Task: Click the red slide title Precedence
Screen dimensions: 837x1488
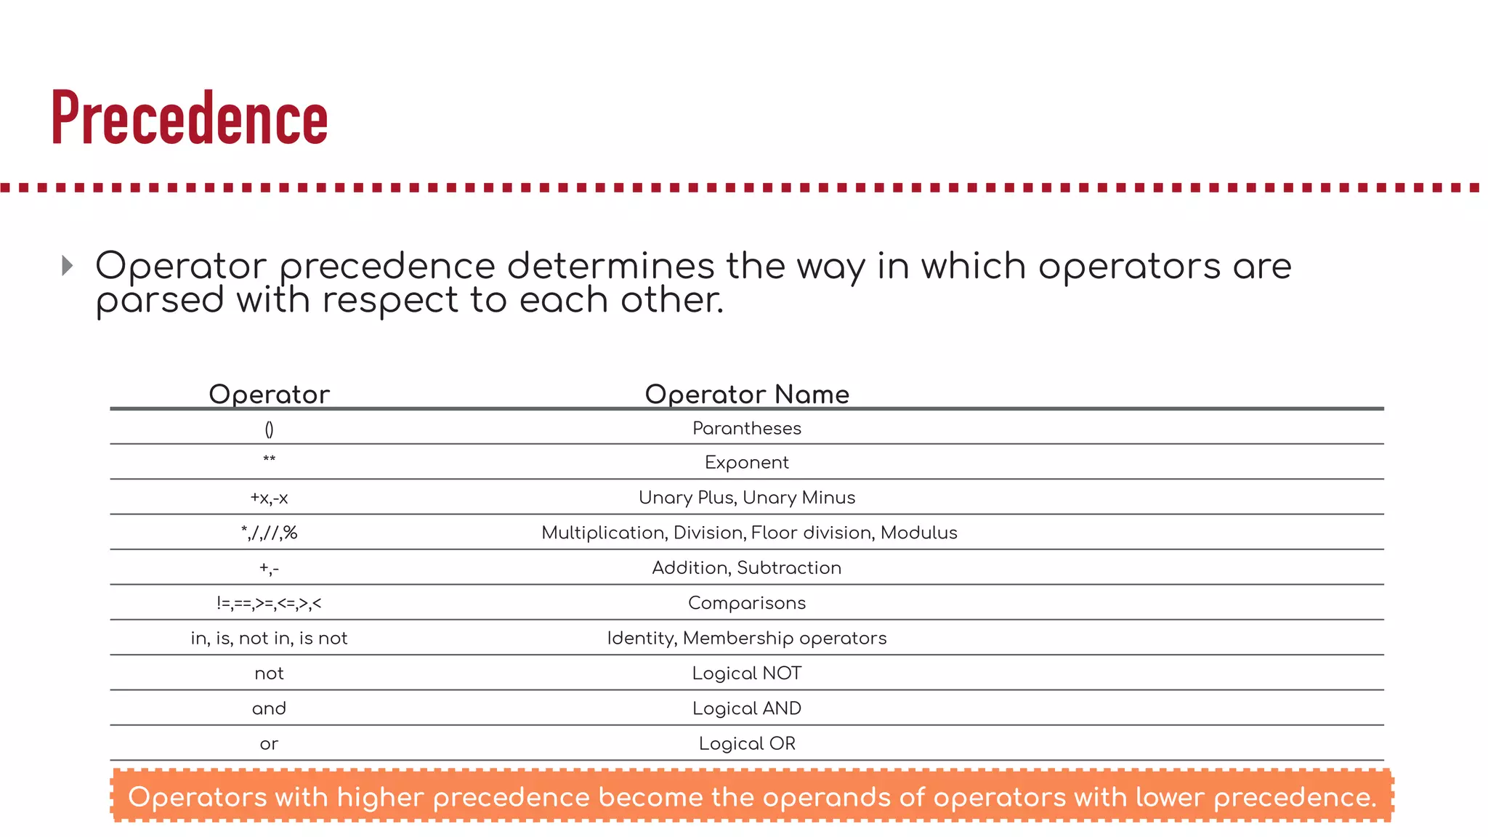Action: (x=190, y=118)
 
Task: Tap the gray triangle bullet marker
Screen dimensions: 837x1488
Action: (x=68, y=265)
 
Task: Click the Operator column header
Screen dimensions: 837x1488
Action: (x=269, y=394)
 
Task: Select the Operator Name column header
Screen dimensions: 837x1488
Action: (x=747, y=394)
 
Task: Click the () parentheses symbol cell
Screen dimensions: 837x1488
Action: (x=269, y=429)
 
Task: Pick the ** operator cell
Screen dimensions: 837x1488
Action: (x=269, y=460)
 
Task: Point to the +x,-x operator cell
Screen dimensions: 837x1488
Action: (x=269, y=498)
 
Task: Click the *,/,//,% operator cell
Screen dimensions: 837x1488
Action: (x=269, y=533)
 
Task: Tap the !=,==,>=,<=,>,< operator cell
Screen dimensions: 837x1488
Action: (x=269, y=603)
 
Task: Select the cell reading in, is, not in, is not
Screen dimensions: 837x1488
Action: (x=269, y=638)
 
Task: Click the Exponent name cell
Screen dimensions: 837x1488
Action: (x=747, y=463)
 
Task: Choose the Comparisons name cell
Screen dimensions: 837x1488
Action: (x=747, y=603)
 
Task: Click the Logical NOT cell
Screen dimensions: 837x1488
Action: (x=747, y=674)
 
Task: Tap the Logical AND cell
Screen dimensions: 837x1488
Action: (x=747, y=708)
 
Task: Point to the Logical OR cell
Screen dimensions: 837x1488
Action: (x=747, y=743)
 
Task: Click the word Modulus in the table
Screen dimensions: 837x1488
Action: (x=918, y=533)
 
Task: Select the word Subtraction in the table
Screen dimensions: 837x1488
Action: (x=789, y=567)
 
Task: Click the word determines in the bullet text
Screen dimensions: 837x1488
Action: (x=610, y=266)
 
